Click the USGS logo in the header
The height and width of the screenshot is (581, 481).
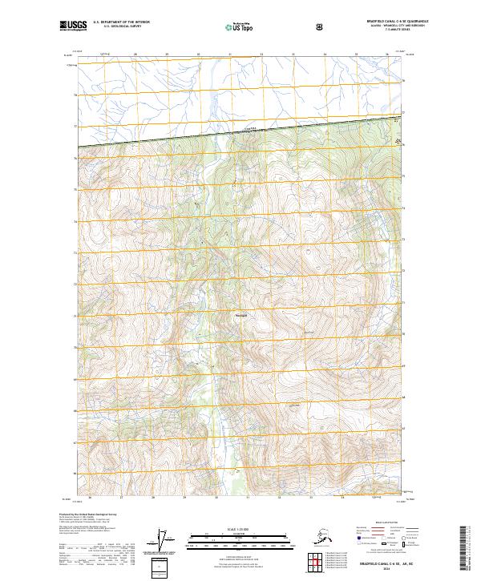click(x=73, y=26)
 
